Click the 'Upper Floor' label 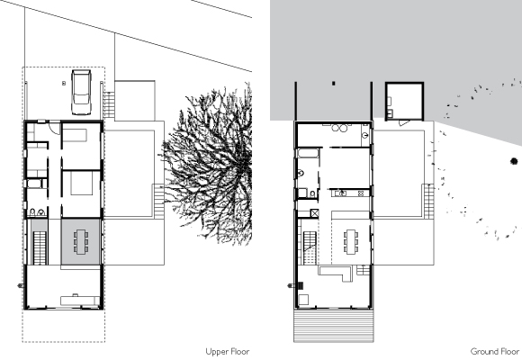tap(228, 352)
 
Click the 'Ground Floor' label tap(495, 352)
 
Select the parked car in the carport tap(82, 92)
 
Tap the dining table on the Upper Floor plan tap(81, 241)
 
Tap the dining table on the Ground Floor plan tap(351, 241)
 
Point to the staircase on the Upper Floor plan tap(40, 248)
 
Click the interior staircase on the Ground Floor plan tap(310, 248)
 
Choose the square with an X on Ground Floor tap(315, 213)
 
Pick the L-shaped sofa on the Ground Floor tap(336, 273)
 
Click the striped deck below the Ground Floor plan tap(334, 326)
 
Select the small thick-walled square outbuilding tap(404, 101)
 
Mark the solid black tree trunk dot tap(514, 161)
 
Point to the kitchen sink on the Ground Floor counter tap(341, 193)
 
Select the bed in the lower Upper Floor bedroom tap(81, 183)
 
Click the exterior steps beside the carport tap(109, 104)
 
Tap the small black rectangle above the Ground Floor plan tap(334, 84)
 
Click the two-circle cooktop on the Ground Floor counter tap(361, 193)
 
